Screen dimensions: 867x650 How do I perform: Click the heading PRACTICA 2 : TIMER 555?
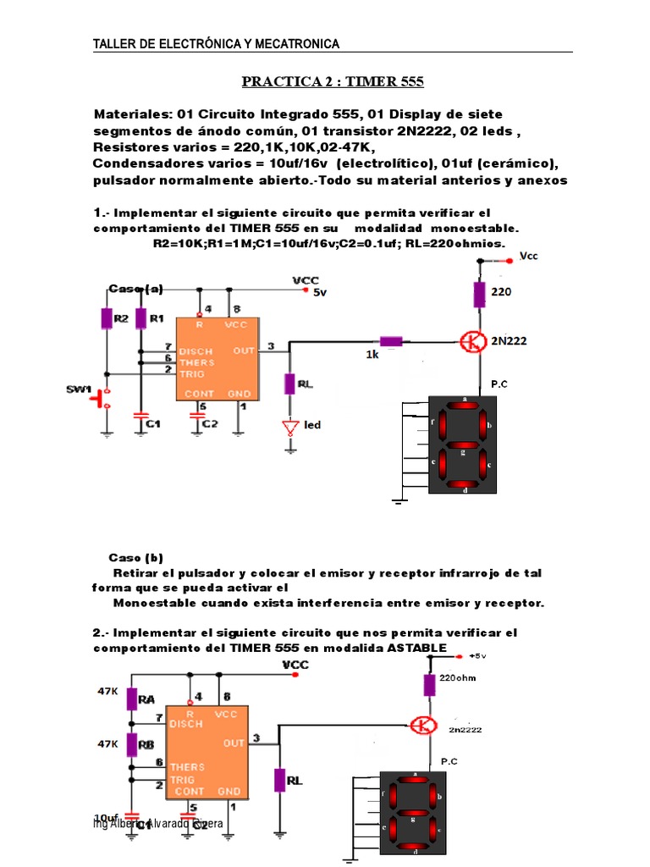333,82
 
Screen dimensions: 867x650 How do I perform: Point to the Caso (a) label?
135,289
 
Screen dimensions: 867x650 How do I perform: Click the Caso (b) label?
135,557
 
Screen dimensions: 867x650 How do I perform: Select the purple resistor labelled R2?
107,318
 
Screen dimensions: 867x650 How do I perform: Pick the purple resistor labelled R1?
140,318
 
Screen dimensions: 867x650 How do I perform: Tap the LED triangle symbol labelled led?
290,426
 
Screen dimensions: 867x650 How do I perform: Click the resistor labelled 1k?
391,341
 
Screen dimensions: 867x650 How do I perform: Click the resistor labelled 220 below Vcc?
479,295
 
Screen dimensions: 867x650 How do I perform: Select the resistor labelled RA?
132,699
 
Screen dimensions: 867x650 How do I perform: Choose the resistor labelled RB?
132,744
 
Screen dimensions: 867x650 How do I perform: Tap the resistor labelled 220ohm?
429,685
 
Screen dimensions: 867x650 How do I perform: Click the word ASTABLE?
416,648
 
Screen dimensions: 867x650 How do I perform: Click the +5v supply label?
476,655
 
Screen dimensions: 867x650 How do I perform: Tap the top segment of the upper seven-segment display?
464,406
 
